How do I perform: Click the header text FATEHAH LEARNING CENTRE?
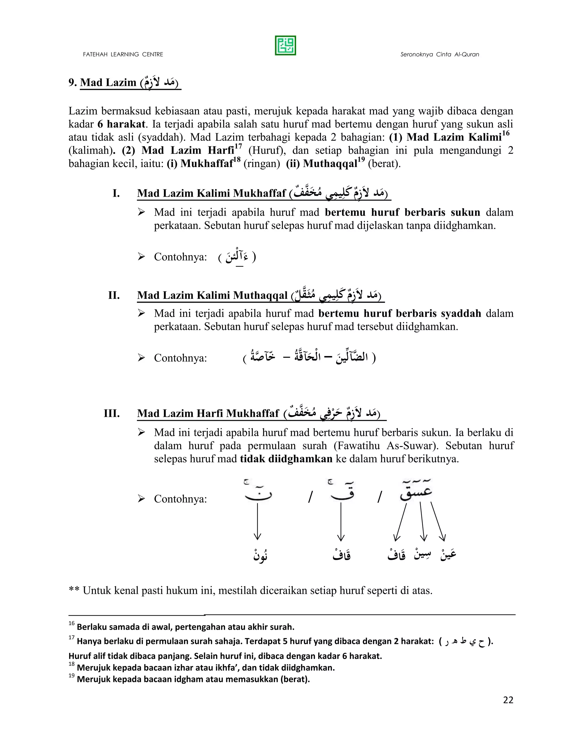[123, 55]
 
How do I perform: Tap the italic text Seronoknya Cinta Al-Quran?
[440, 55]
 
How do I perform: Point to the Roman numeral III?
[112, 413]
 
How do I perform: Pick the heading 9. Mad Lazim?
[108, 83]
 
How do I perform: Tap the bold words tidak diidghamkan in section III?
[286, 459]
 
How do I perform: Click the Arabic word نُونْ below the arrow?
[261, 556]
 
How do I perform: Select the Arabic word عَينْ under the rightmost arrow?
[448, 554]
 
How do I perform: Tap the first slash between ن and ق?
[310, 498]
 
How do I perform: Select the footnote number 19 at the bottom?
[71, 675]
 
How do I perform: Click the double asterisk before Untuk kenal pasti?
[74, 591]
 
